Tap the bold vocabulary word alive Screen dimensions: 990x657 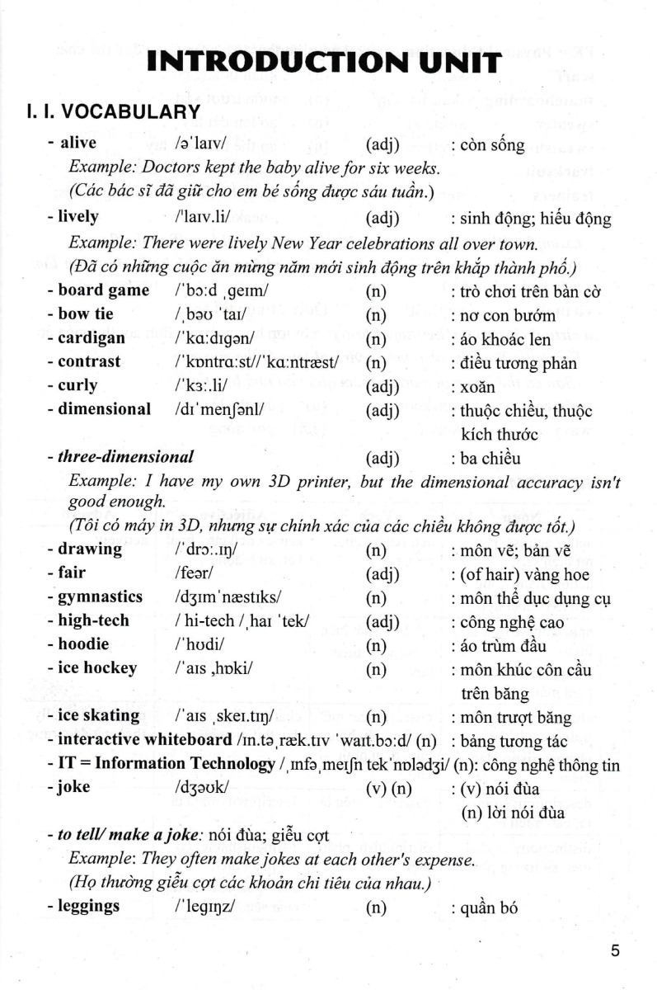(78, 144)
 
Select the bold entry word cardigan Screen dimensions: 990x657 (92, 337)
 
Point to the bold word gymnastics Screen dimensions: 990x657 (101, 596)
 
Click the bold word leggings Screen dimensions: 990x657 (89, 906)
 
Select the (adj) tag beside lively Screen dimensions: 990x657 (382, 218)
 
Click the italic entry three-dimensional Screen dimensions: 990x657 (126, 456)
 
